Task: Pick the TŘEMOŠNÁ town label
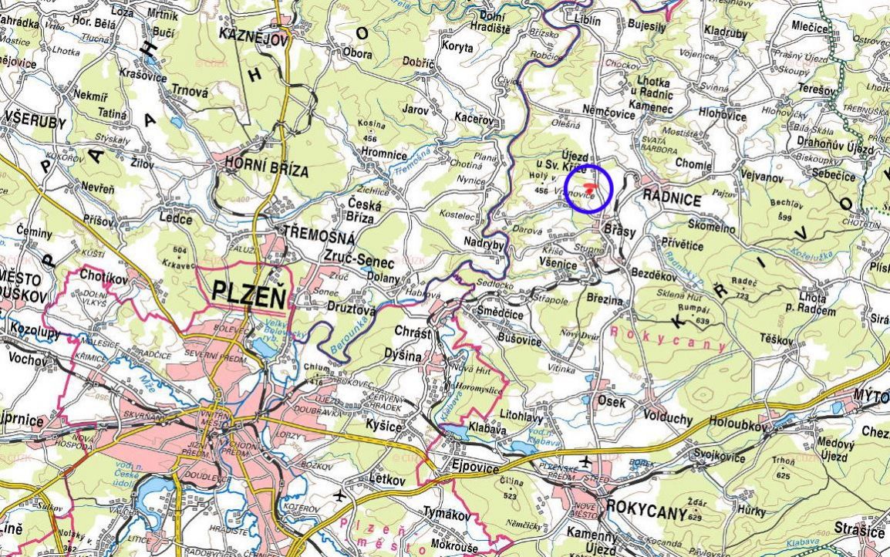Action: click(319, 232)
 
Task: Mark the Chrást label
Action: click(413, 331)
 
